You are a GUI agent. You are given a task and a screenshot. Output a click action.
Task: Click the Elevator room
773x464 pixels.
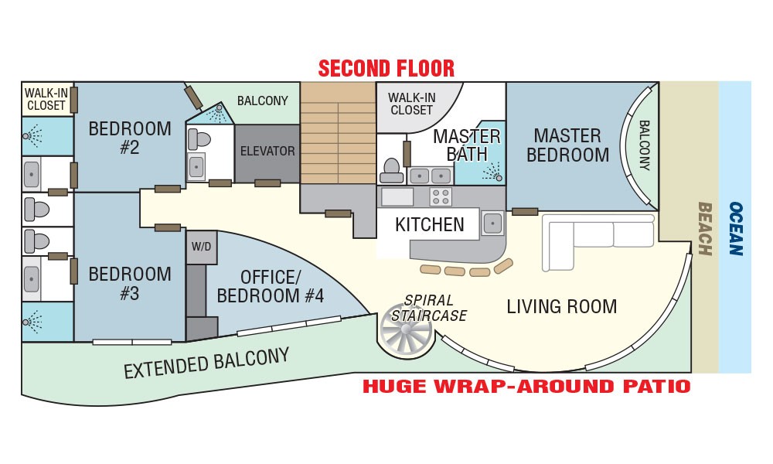click(267, 153)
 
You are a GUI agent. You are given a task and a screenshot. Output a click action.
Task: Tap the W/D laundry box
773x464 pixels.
click(201, 247)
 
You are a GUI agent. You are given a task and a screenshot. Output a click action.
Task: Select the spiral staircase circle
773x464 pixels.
click(406, 331)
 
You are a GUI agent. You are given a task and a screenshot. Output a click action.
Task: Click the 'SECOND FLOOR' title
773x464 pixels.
click(386, 69)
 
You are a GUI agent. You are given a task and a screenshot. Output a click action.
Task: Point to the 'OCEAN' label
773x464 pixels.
click(736, 229)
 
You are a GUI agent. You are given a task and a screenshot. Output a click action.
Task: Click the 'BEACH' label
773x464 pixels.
click(705, 229)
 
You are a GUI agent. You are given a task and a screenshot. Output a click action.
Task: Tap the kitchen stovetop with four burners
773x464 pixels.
click(441, 196)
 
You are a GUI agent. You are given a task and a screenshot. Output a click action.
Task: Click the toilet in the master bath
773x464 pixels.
click(392, 169)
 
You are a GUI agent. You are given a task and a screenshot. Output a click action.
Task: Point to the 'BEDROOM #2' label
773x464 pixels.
click(130, 138)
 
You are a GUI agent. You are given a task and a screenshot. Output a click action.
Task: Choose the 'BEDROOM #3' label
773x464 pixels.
click(130, 284)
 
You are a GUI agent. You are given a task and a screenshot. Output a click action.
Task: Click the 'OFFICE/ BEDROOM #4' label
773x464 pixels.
click(270, 286)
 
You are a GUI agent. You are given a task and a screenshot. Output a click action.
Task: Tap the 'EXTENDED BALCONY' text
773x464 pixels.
click(206, 363)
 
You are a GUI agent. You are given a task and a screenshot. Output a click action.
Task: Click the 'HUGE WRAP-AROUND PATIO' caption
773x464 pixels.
click(526, 386)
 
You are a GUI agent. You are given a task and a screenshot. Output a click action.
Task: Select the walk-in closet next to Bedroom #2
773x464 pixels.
click(47, 99)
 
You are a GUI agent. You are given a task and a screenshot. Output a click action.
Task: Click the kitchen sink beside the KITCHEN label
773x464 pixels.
click(492, 223)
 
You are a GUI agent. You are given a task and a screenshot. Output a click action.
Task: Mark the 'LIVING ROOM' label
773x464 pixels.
click(561, 307)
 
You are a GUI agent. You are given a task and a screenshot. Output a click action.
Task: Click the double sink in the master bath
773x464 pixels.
click(429, 176)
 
